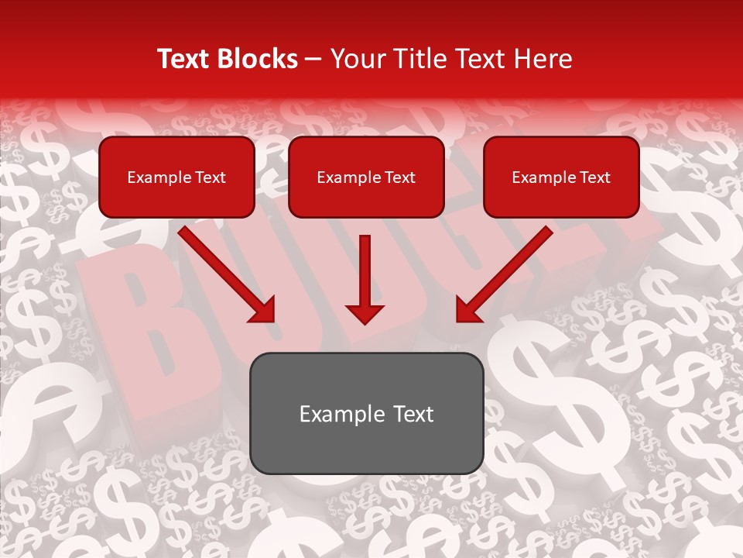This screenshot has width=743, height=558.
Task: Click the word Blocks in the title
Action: [257, 59]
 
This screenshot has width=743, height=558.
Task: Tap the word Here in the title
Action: [542, 59]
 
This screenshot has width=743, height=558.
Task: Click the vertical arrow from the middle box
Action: [365, 271]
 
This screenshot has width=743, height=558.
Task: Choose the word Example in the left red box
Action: [158, 177]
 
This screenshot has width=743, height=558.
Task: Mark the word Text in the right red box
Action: [595, 177]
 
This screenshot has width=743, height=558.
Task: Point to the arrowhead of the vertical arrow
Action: [365, 313]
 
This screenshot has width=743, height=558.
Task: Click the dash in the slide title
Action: [314, 60]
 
